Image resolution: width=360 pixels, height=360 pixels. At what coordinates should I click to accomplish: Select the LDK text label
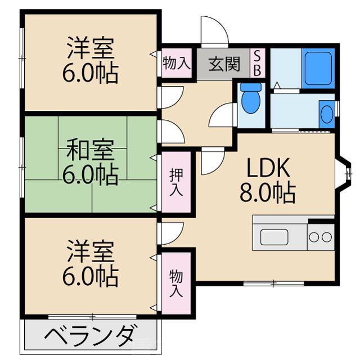coord(265,168)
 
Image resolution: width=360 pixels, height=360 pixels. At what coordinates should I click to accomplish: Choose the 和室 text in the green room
coord(90,151)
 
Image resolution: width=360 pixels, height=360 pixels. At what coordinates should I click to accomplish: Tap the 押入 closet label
coord(176,182)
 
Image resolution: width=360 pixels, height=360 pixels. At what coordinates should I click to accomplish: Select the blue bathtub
coord(318,67)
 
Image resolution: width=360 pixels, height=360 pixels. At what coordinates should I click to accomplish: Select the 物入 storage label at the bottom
coord(176,283)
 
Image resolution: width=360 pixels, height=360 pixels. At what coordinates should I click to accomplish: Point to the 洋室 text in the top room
coord(90,48)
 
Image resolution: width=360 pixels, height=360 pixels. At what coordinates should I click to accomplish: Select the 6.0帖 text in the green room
coord(90,175)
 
